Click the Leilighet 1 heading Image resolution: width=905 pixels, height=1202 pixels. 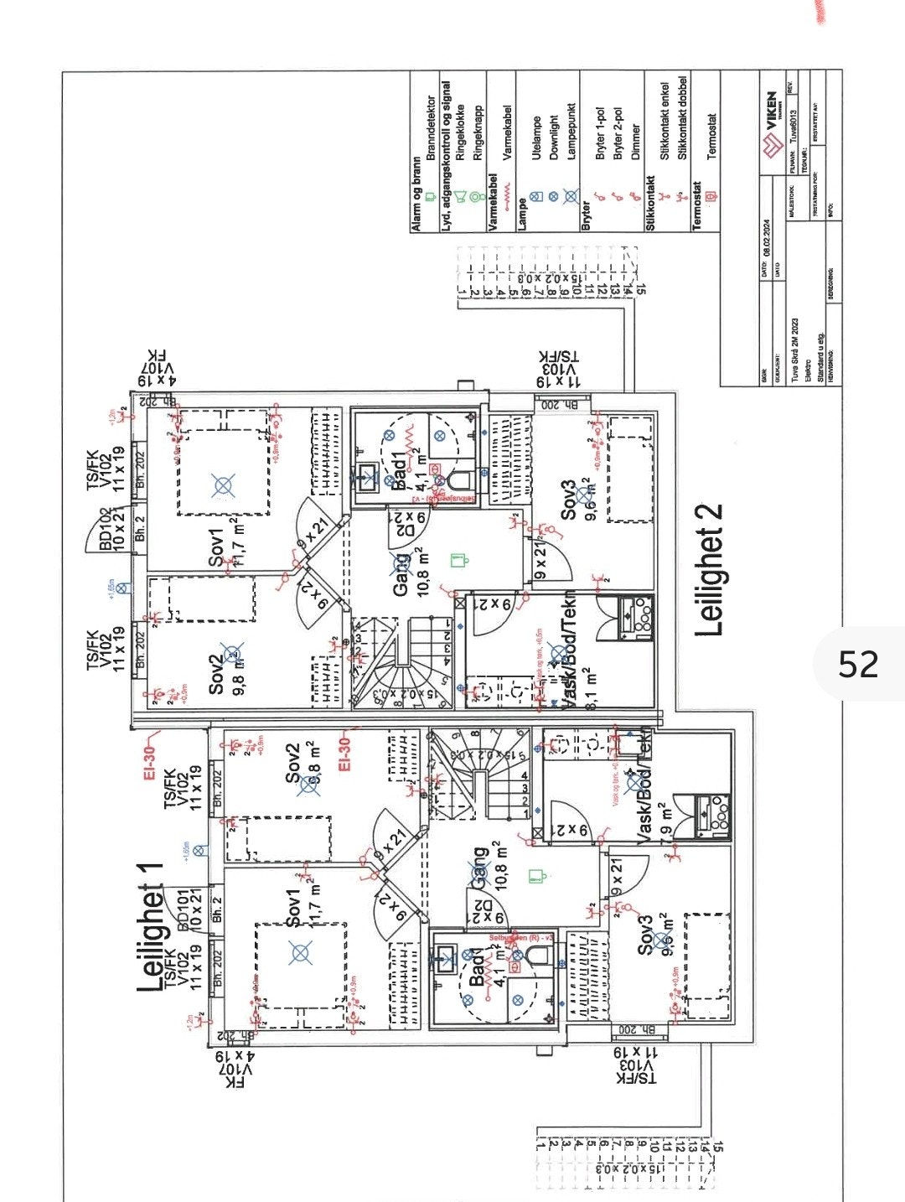point(151,925)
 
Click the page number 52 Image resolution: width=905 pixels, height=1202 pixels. point(858,664)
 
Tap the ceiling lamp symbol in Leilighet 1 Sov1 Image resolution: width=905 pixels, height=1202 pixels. point(300,952)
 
